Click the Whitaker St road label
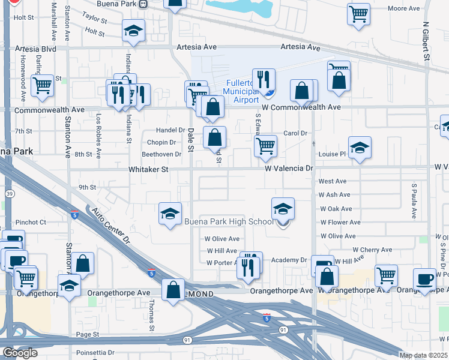click(148, 170)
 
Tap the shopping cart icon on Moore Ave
click(358, 13)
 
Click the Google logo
click(19, 353)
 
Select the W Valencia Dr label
click(290, 169)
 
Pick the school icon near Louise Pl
click(360, 148)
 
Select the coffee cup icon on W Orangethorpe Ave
click(424, 279)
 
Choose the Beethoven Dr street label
click(161, 154)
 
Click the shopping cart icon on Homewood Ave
click(42, 85)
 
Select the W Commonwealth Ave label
click(301, 107)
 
